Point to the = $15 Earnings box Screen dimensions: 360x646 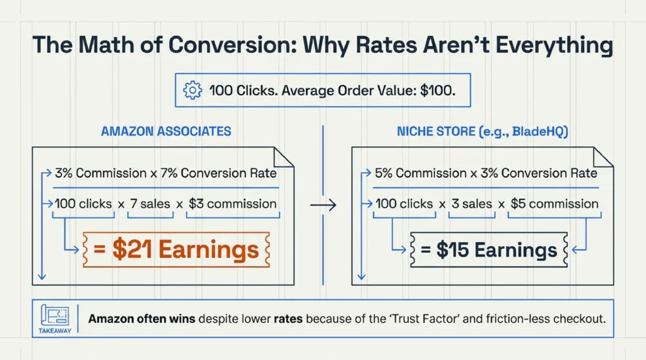point(490,250)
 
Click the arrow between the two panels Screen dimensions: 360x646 point(324,205)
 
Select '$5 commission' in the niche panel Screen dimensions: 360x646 point(554,204)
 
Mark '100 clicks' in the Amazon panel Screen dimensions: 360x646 point(85,204)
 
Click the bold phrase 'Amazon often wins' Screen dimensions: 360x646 point(142,319)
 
